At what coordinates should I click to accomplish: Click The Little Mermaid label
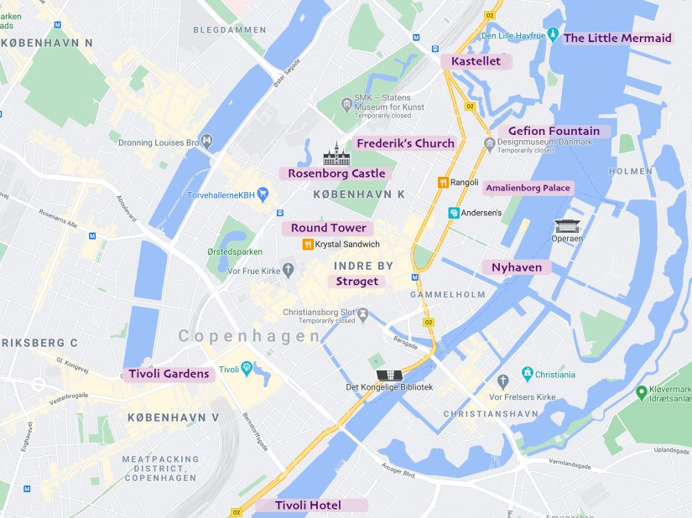pos(617,38)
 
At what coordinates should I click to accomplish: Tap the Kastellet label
pos(476,61)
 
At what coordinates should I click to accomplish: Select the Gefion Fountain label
pos(554,131)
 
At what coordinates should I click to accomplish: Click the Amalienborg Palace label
pos(528,188)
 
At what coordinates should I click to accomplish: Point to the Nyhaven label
pos(517,267)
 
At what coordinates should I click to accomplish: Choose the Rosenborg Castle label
pos(336,174)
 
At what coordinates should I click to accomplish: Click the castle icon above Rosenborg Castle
pos(336,153)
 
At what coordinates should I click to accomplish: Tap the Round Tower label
pos(328,228)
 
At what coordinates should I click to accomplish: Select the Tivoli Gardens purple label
pos(169,374)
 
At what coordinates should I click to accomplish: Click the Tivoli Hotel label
pos(308,505)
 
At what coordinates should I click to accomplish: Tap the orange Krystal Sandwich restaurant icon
pos(308,244)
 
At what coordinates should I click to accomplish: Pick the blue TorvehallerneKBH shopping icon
pos(263,194)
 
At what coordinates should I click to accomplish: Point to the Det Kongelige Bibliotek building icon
pos(388,375)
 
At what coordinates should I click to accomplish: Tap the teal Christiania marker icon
pos(527,374)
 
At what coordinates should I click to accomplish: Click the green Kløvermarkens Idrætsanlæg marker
pos(642,391)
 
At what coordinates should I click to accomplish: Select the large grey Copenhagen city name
pos(249,336)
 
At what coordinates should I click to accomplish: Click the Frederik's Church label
pos(405,143)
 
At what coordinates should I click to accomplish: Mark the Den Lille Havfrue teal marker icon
pos(553,34)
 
